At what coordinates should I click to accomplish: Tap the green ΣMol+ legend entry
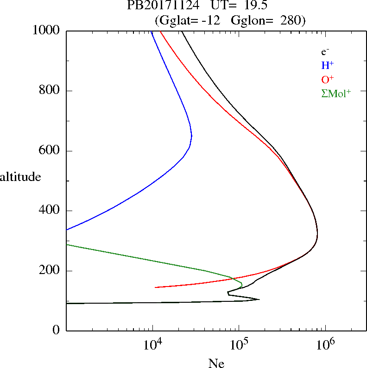coord(335,93)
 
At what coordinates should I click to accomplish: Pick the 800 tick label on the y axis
coord(50,91)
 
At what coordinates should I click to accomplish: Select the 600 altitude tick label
coord(50,151)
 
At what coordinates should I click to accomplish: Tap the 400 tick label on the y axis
coord(50,211)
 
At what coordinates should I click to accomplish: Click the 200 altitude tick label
coord(50,271)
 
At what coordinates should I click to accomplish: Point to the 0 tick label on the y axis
coord(57,331)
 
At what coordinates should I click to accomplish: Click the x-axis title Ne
coord(216,363)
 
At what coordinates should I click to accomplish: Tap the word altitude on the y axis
coord(20,176)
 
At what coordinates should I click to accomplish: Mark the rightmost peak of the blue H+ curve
coord(192,136)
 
